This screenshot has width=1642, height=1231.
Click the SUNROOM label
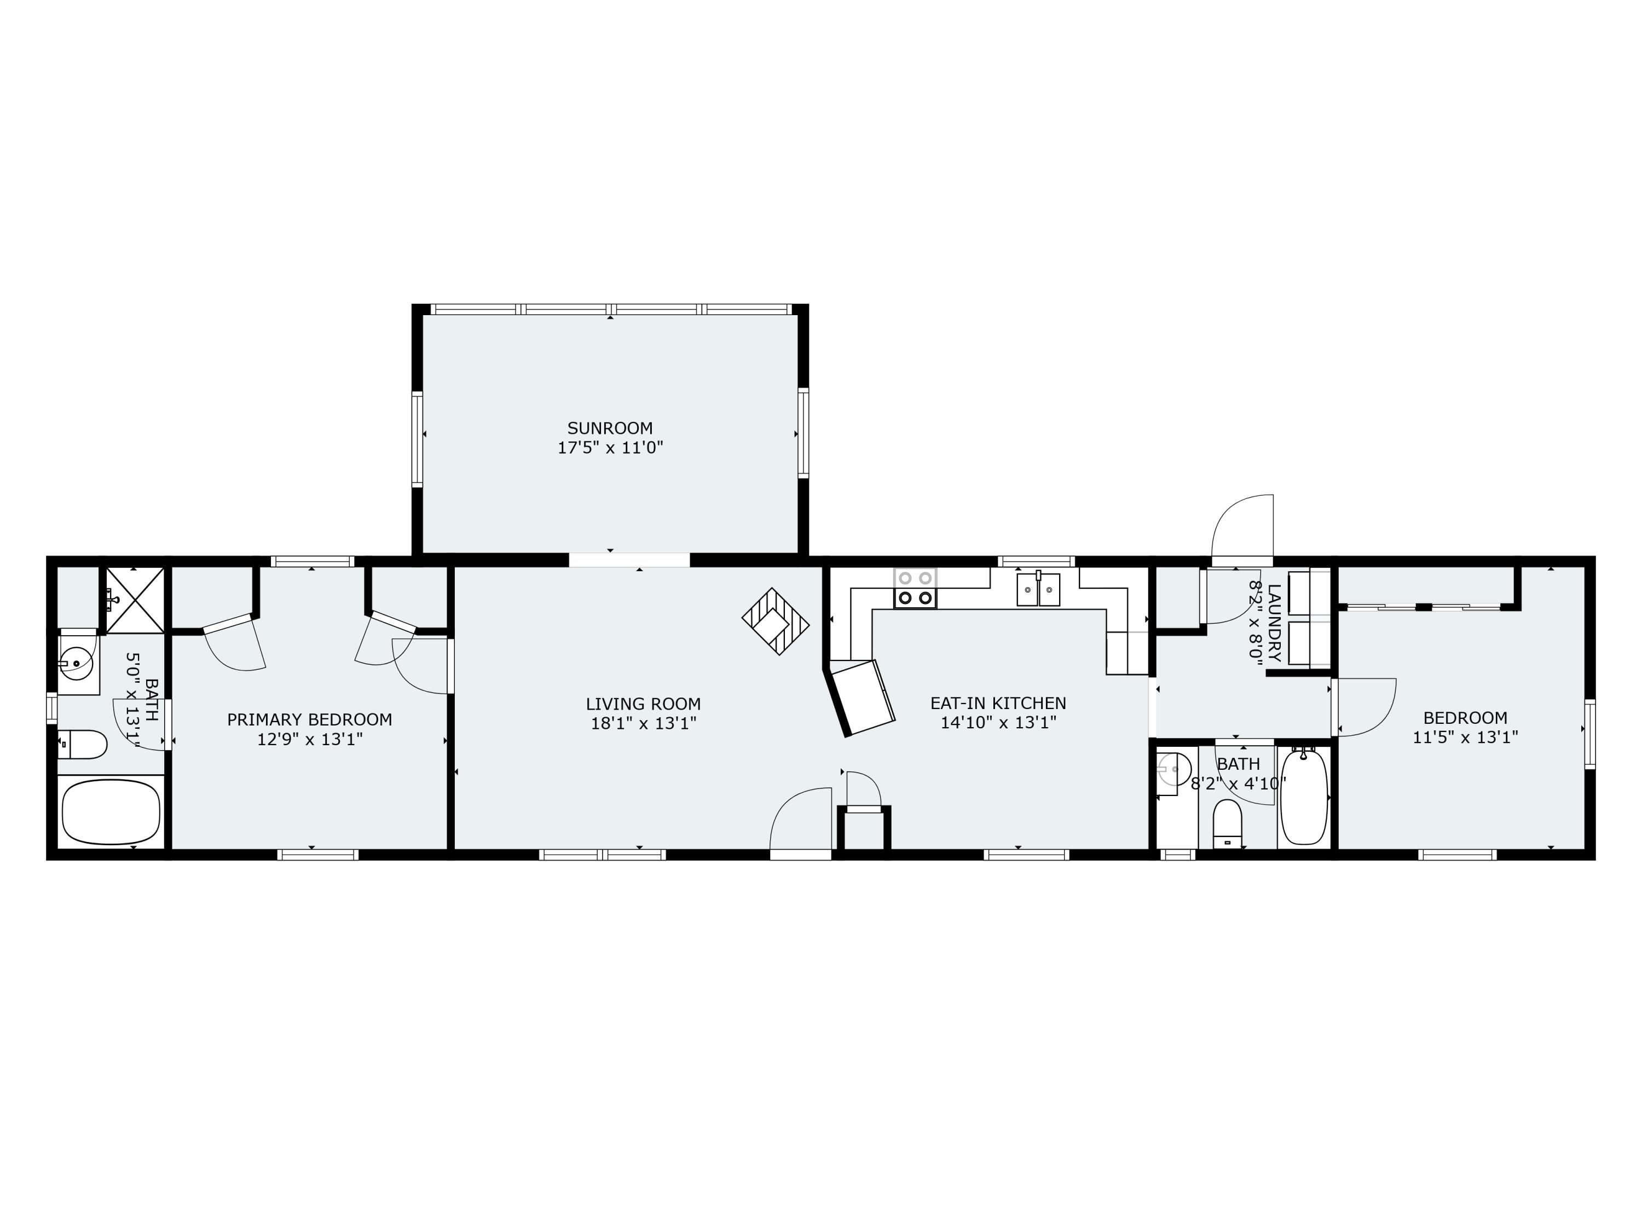609,428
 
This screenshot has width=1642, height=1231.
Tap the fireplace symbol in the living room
775,621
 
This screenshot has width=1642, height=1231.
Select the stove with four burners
915,588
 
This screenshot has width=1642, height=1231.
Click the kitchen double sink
1038,590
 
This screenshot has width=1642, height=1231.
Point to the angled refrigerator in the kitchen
863,697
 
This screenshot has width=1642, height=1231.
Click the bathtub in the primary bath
111,812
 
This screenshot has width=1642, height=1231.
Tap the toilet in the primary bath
83,744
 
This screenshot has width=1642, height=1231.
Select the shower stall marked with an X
134,600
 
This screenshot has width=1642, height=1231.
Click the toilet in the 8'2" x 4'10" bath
1227,823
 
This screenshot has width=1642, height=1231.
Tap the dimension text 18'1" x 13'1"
643,723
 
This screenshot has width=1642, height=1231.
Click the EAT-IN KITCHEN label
998,702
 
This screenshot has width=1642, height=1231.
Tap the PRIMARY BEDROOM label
310,719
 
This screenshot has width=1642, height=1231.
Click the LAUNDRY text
1274,623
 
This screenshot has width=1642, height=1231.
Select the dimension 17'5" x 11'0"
609,448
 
